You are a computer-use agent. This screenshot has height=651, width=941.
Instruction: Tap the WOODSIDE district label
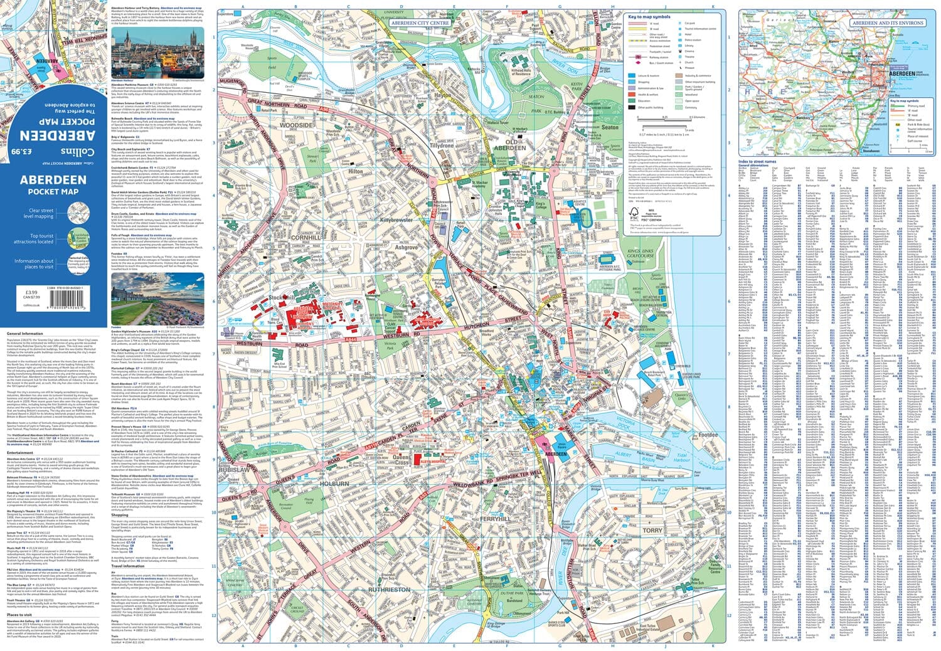click(x=295, y=125)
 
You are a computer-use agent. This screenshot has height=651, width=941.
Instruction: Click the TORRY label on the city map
click(x=652, y=530)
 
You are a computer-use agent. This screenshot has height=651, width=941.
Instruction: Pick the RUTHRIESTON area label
click(x=388, y=590)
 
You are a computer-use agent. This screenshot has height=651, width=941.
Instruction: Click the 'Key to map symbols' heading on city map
click(x=649, y=17)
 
